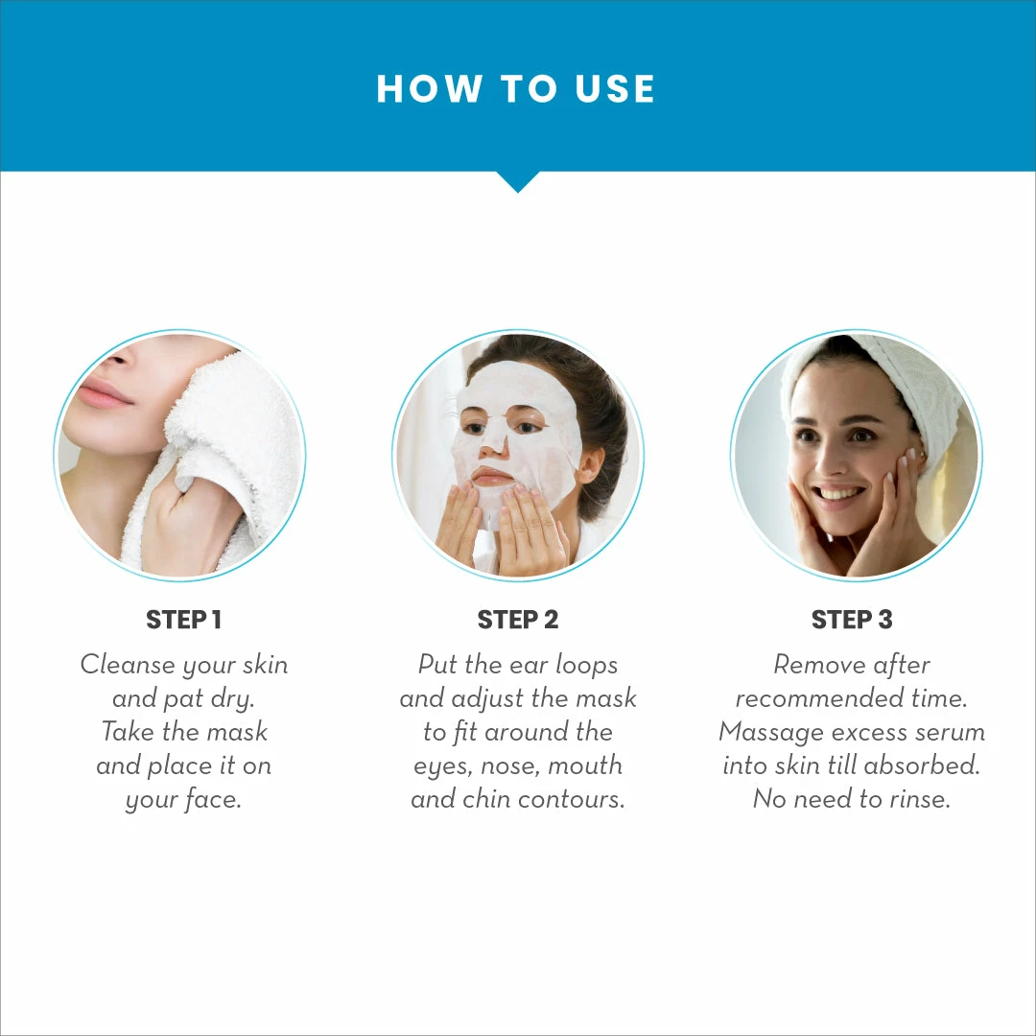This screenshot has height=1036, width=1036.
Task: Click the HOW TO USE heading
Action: point(516,89)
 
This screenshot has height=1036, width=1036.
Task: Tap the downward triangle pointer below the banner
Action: point(517,181)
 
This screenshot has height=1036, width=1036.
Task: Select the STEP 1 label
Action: point(183,621)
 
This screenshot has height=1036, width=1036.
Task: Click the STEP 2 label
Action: point(517,621)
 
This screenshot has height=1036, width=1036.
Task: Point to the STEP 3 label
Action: point(851,621)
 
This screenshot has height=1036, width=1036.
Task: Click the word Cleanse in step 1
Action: point(128,665)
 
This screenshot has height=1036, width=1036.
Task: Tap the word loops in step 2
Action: point(586,665)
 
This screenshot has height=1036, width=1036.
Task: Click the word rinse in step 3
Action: point(916,799)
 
